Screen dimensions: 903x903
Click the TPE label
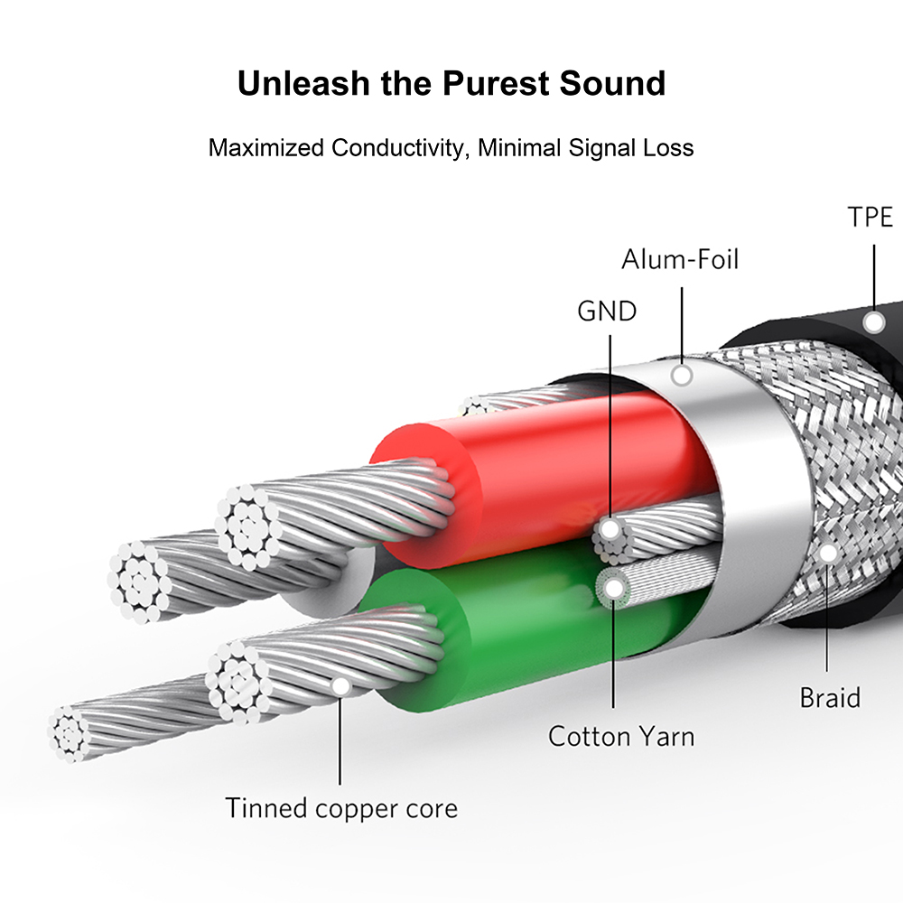tap(870, 218)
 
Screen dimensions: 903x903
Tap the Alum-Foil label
tap(680, 260)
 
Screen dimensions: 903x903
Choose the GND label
tap(607, 312)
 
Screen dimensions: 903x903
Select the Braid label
tap(830, 697)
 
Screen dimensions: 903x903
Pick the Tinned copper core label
tap(341, 807)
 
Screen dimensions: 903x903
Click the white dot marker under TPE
tap(873, 322)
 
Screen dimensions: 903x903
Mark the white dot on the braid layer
tap(827, 552)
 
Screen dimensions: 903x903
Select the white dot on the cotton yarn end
tap(615, 588)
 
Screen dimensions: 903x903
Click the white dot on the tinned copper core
tap(341, 686)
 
